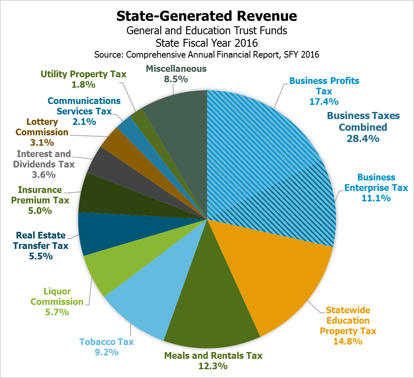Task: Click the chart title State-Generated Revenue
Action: tap(207, 16)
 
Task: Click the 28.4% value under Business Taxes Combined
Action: tap(363, 139)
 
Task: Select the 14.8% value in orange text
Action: tap(348, 342)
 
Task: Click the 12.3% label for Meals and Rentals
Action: tap(213, 366)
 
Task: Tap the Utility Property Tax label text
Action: tap(83, 74)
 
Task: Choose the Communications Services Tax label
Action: tap(84, 106)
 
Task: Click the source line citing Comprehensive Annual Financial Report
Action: tap(207, 55)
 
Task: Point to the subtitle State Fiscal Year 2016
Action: tap(207, 43)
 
